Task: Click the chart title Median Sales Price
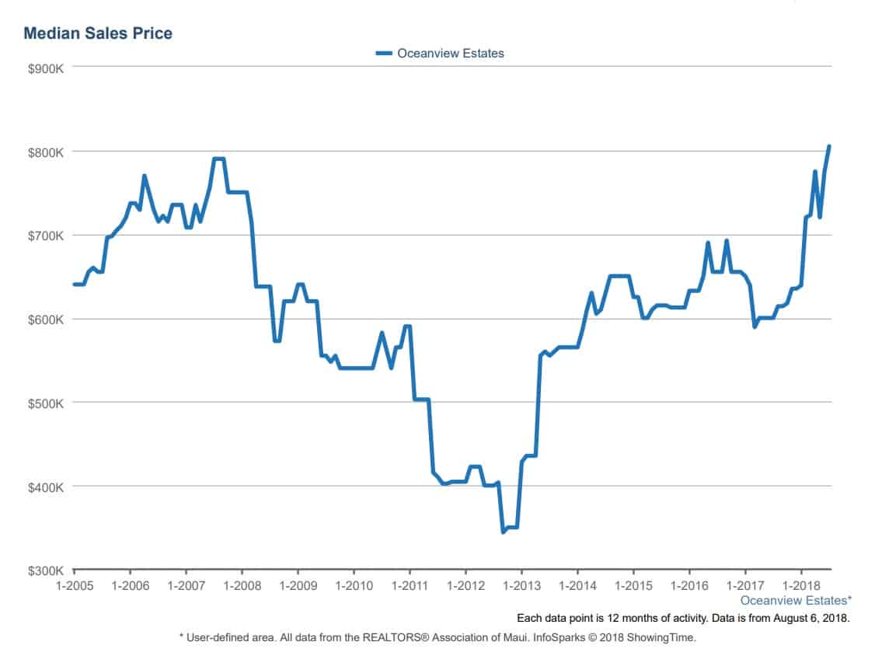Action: coord(98,33)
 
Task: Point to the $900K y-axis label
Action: coord(45,68)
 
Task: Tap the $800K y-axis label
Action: coord(45,152)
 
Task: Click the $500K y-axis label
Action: coord(45,403)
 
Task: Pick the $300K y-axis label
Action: coord(45,570)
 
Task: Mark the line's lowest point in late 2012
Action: coord(504,532)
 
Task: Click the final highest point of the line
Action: coord(829,146)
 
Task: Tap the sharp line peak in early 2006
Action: coord(145,176)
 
